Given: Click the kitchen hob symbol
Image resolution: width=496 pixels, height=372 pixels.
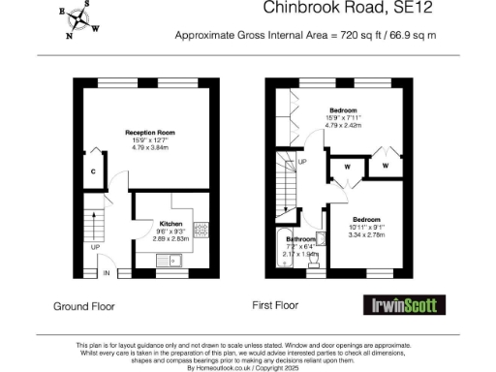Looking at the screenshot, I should (202, 231).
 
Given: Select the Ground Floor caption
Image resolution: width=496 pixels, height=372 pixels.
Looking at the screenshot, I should (83, 306).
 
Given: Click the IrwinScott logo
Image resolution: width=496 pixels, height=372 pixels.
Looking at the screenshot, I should (408, 305).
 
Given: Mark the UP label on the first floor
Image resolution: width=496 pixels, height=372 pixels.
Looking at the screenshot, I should (302, 161).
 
